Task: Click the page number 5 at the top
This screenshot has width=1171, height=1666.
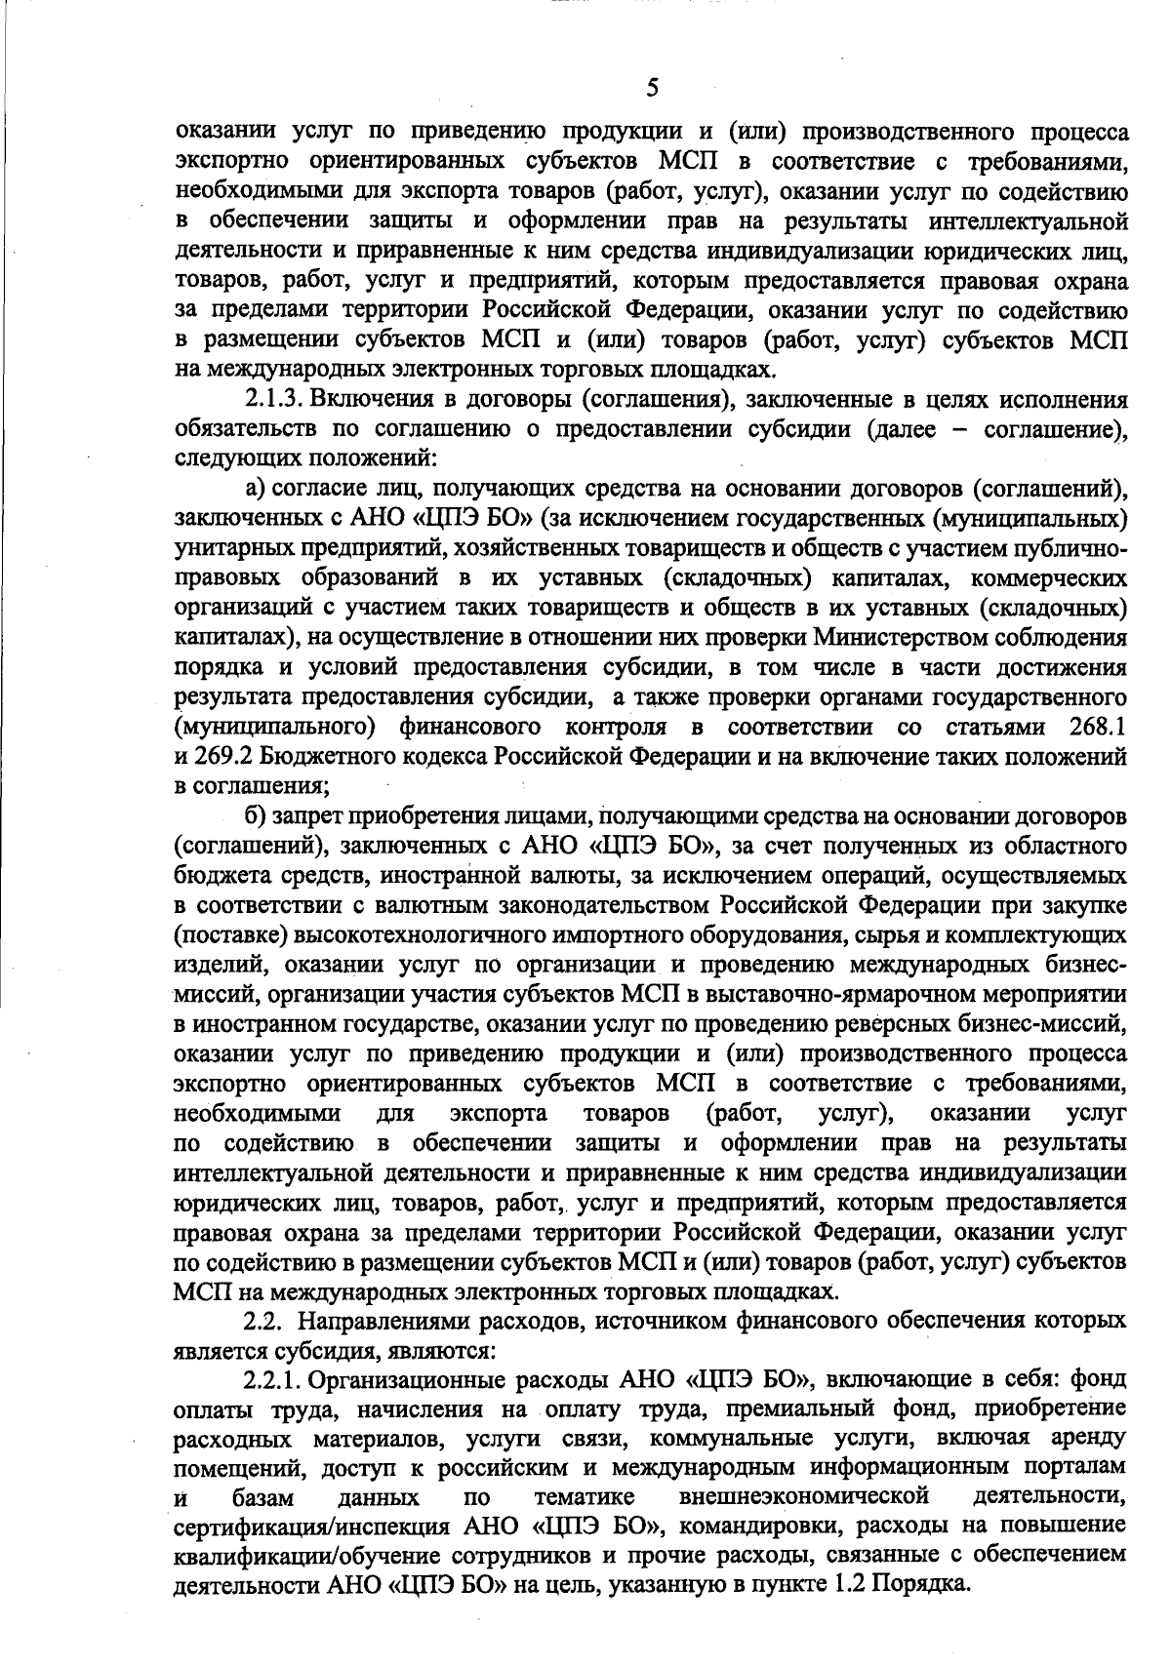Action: click(x=653, y=89)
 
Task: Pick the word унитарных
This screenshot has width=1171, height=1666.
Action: click(x=230, y=549)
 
